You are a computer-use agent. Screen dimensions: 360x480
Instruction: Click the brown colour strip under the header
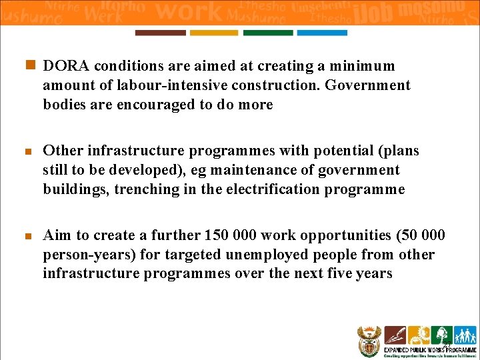[160, 33]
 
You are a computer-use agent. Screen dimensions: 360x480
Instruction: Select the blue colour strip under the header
[322, 33]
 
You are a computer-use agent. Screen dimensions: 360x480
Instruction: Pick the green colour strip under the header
[268, 33]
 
